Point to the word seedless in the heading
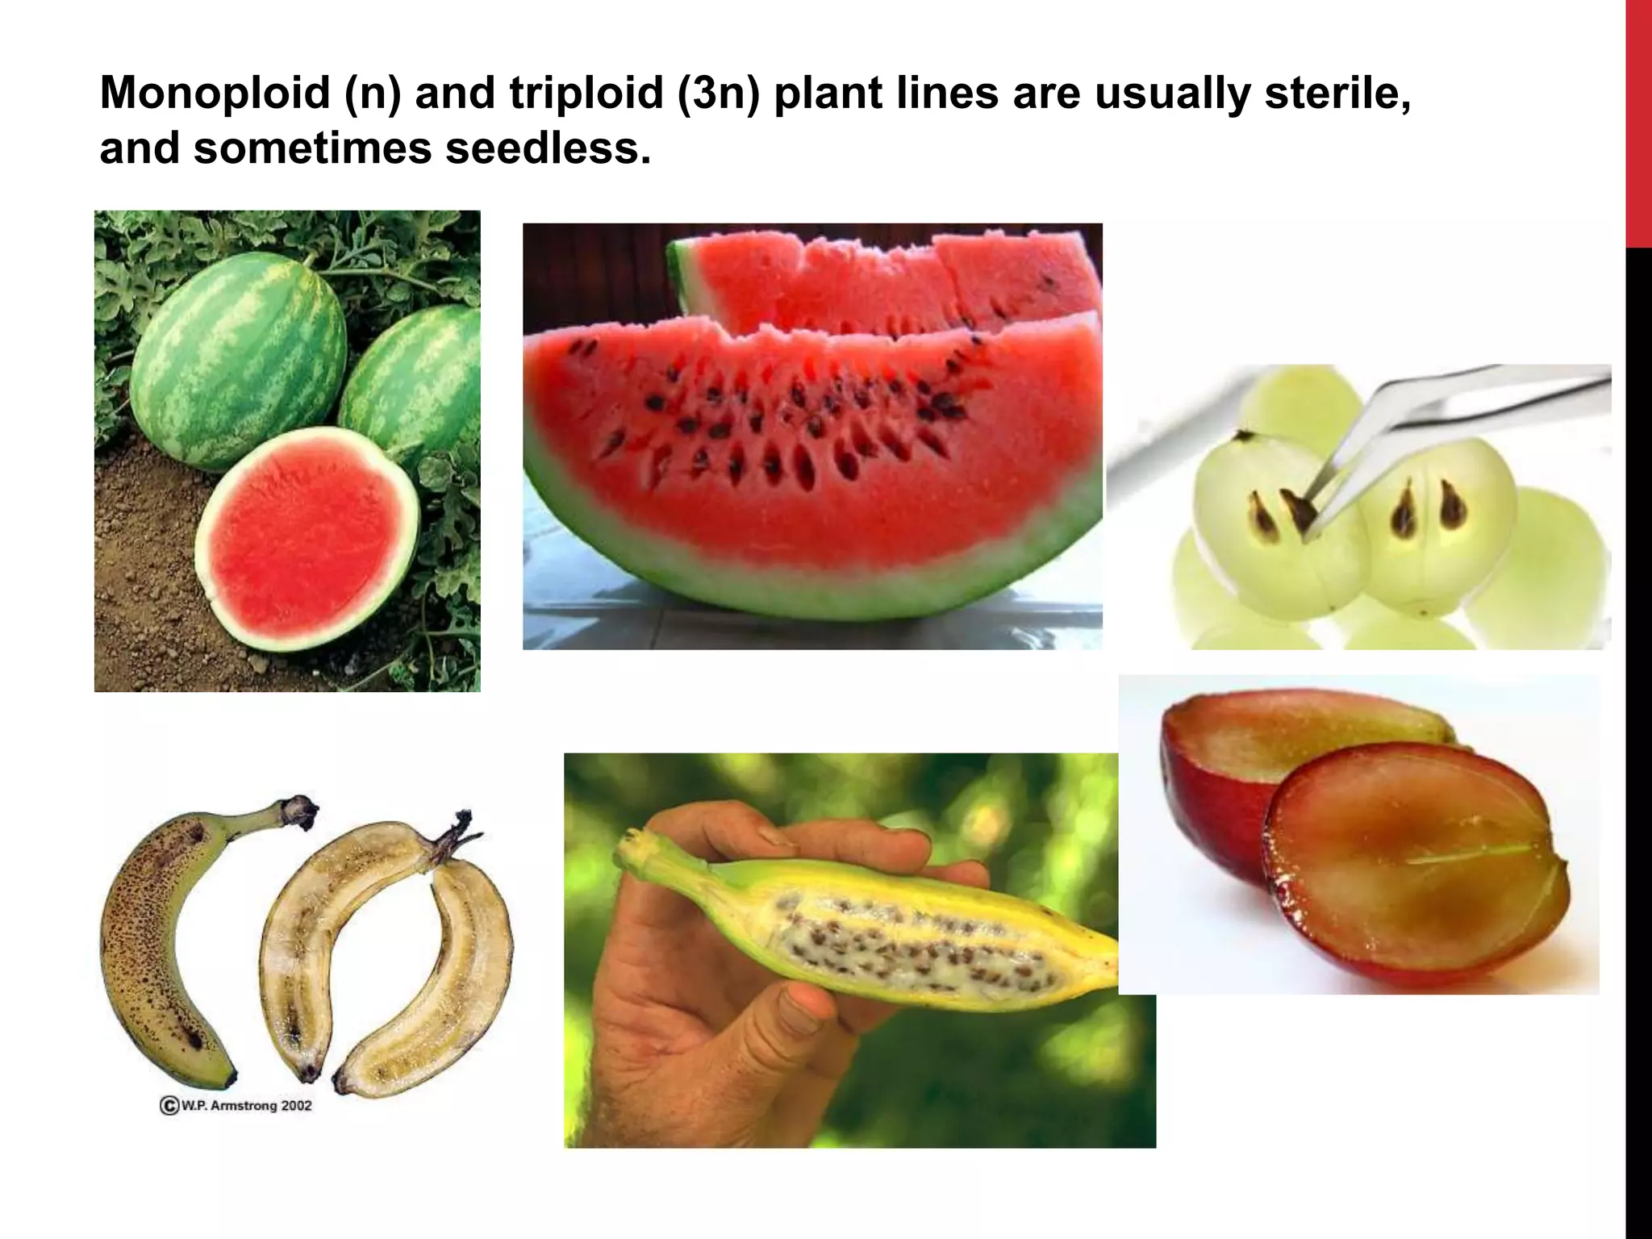[x=547, y=148]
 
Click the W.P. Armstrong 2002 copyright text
[x=236, y=1105]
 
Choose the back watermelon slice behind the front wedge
[x=887, y=274]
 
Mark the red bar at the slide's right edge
[x=1638, y=121]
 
